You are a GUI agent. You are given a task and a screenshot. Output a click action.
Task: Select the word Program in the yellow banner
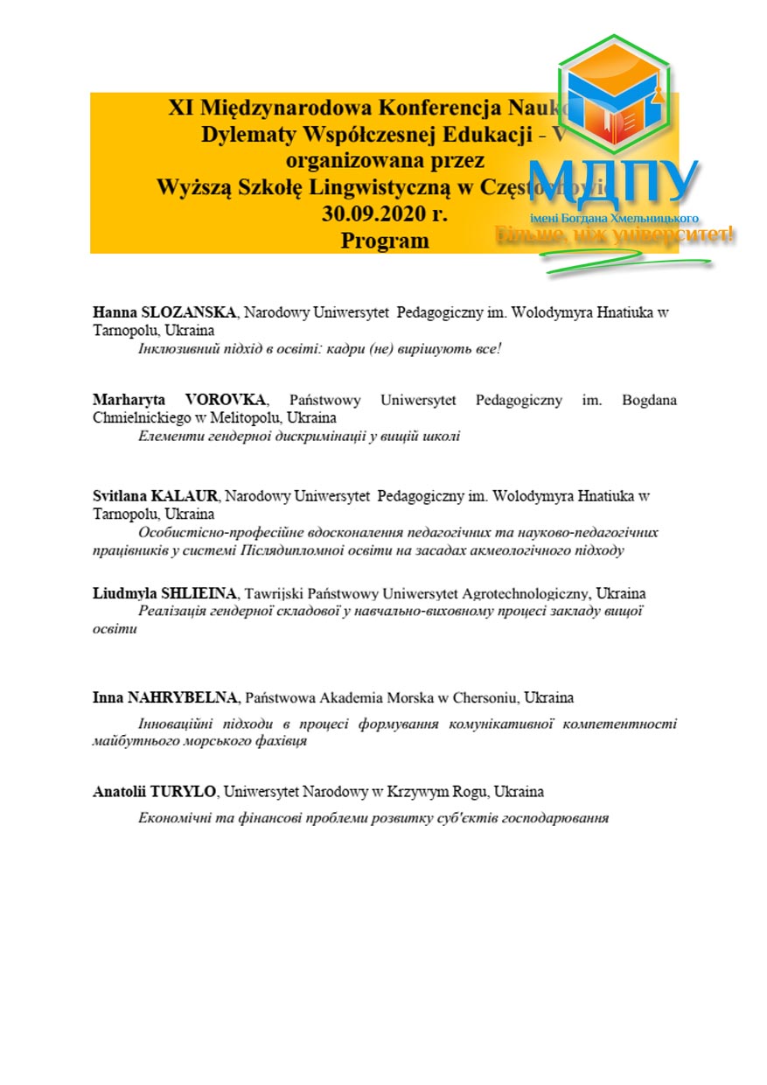click(x=385, y=240)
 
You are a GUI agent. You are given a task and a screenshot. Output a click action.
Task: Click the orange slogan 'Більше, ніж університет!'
click(x=615, y=234)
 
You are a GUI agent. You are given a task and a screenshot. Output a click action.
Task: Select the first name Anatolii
click(x=119, y=792)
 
